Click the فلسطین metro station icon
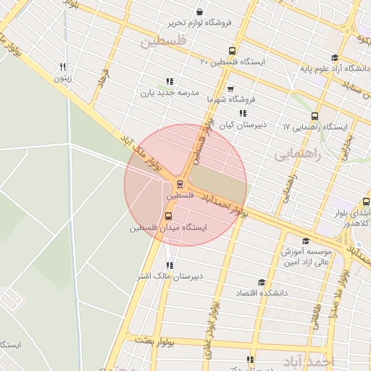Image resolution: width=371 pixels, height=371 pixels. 180,184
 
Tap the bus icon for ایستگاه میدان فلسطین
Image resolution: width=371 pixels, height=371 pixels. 169,216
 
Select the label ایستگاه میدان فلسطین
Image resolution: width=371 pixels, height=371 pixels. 168,228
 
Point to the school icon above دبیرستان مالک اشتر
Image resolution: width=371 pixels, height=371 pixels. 170,265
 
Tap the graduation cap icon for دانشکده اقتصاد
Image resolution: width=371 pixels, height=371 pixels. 262,282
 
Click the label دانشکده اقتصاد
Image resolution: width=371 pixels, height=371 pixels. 262,293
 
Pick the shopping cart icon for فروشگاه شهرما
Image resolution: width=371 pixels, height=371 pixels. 230,89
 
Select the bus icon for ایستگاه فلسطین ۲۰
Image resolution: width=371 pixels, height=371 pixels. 232,51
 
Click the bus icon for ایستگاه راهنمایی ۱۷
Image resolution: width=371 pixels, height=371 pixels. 314,116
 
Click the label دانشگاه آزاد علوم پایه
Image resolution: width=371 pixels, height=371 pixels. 334,70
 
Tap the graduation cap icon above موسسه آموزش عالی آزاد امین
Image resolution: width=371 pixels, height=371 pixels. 305,241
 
